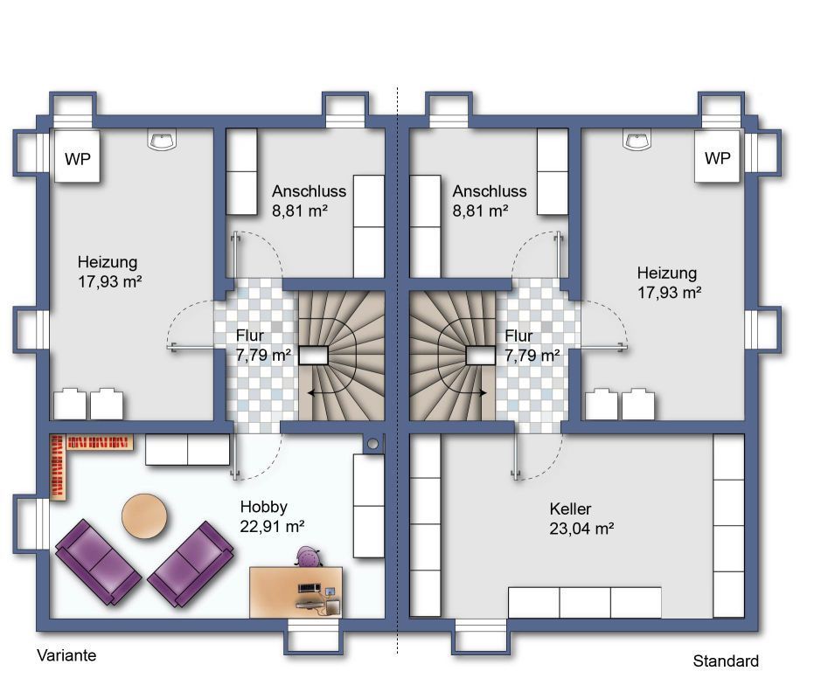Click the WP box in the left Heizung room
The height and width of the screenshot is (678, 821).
pos(77,156)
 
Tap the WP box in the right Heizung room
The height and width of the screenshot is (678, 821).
pos(717,156)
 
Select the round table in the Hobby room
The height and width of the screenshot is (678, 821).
pos(144,515)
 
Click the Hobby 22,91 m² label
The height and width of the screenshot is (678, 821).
pos(272,516)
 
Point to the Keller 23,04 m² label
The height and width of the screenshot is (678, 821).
pos(581,519)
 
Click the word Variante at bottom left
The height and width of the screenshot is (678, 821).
pos(66,655)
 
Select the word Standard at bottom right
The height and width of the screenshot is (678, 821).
pos(726,661)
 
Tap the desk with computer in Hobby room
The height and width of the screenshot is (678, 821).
pos(296,592)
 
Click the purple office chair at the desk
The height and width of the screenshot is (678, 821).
pos(308,557)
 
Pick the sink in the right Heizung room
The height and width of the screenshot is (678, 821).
pos(637,140)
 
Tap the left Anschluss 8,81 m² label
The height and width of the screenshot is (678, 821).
pos(309,201)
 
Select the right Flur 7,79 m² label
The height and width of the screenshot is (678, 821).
pos(532,346)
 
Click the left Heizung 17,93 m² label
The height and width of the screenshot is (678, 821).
pos(110,272)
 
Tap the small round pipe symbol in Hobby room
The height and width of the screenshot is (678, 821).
pos(372,444)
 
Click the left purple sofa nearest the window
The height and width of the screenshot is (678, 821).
pos(99,561)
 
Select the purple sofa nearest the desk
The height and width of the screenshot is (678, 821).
pos(191,564)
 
